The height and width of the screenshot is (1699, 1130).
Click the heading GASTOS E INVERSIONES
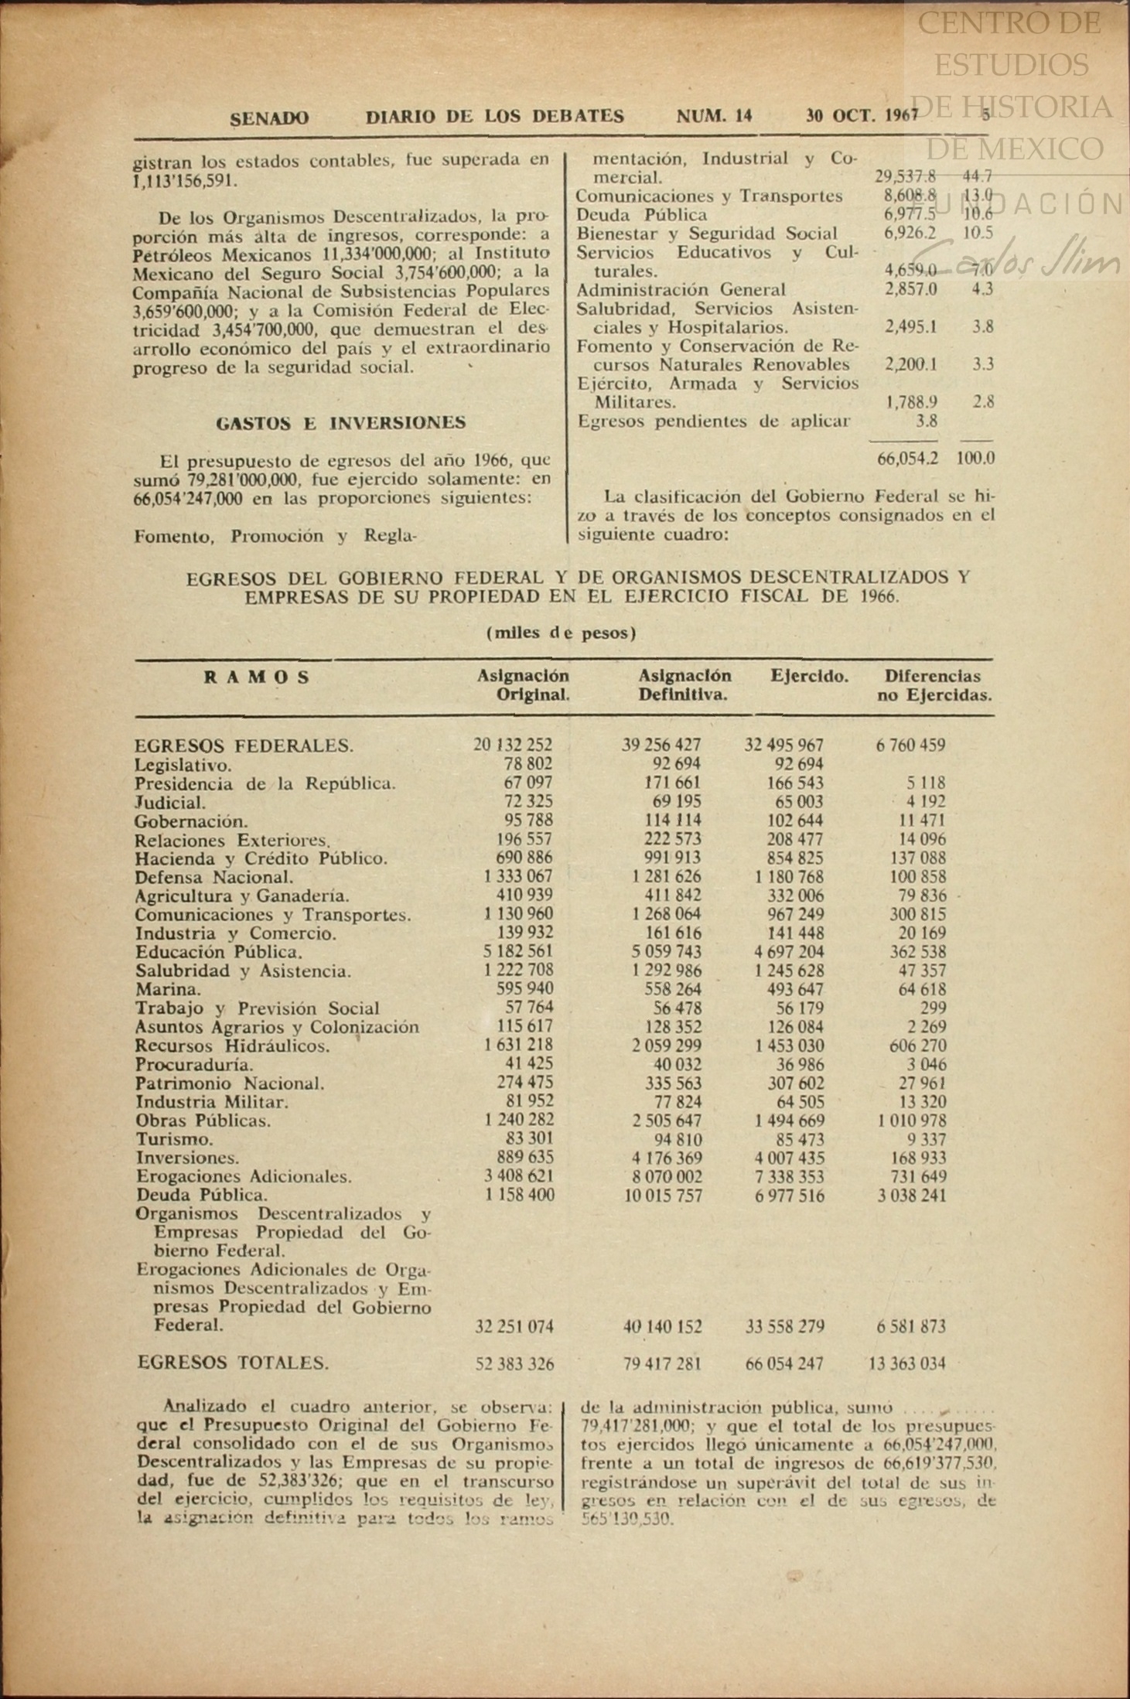(340, 423)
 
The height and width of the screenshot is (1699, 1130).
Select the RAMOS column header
(257, 677)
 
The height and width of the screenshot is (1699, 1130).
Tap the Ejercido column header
(809, 677)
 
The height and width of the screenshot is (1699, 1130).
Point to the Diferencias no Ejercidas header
(934, 686)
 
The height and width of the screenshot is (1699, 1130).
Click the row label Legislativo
(183, 766)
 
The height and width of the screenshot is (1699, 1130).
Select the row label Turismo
(174, 1139)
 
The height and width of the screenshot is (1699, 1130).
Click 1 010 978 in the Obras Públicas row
(912, 1121)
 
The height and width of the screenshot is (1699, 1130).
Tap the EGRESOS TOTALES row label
(233, 1362)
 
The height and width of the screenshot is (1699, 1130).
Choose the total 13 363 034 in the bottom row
(906, 1363)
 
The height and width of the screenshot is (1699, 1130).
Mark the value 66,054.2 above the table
(907, 459)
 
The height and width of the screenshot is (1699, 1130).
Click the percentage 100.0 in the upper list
(975, 459)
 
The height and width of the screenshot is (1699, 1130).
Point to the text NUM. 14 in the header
(714, 117)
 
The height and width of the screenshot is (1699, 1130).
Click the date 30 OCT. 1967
(861, 117)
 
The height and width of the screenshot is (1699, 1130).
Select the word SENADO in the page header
(269, 118)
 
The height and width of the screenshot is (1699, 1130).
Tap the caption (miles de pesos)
(562, 633)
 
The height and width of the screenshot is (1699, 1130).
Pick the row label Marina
(168, 990)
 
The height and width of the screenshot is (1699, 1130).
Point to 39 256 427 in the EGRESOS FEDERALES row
(661, 745)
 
